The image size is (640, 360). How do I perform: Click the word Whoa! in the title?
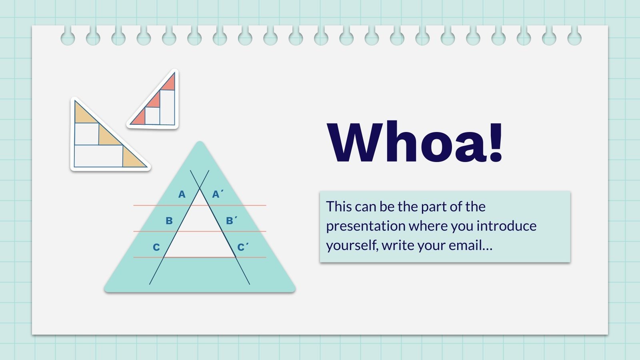415,142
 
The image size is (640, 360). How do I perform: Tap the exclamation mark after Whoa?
495,142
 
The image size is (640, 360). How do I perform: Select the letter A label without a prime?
182,194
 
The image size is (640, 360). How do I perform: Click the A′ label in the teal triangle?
217,194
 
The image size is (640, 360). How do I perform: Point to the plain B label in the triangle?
169,221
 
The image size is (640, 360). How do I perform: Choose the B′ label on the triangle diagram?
231,221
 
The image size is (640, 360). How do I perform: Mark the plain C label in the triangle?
156,248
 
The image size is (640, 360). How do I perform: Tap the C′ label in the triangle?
243,248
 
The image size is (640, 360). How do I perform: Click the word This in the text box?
339,207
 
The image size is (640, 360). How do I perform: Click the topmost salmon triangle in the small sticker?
169,83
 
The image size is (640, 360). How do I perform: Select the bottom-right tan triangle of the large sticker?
133,159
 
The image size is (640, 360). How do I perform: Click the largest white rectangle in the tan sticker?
98,156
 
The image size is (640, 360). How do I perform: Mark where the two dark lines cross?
200,188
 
